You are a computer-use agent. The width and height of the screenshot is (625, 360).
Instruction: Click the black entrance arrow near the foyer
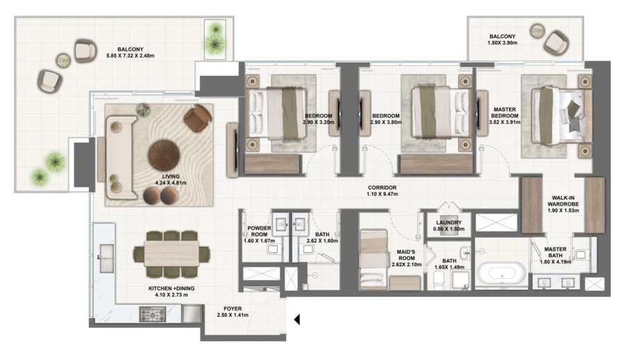tap(297, 320)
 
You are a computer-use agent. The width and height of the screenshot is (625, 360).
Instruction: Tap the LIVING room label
tap(170, 177)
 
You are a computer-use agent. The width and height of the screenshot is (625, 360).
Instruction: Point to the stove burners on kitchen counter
tap(150, 315)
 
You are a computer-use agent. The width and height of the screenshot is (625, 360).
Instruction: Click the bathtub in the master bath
tap(501, 271)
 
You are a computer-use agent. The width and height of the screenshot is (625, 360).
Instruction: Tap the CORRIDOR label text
tap(383, 188)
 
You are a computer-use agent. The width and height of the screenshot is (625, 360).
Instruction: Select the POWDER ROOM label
tap(258, 231)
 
